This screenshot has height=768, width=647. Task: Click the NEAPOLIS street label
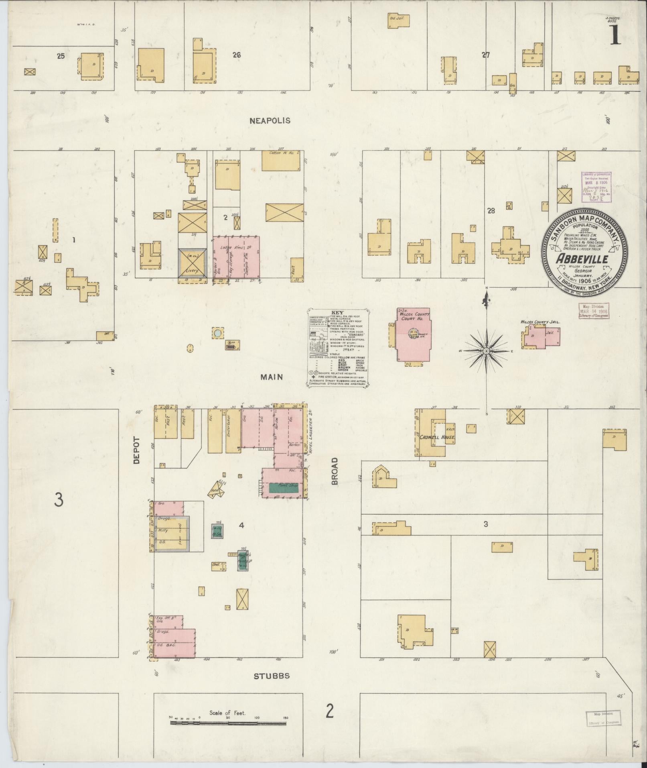pos(269,120)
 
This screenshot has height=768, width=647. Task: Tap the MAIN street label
pos(272,377)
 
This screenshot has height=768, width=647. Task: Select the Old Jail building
pos(398,20)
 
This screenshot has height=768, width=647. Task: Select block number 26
pos(236,55)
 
